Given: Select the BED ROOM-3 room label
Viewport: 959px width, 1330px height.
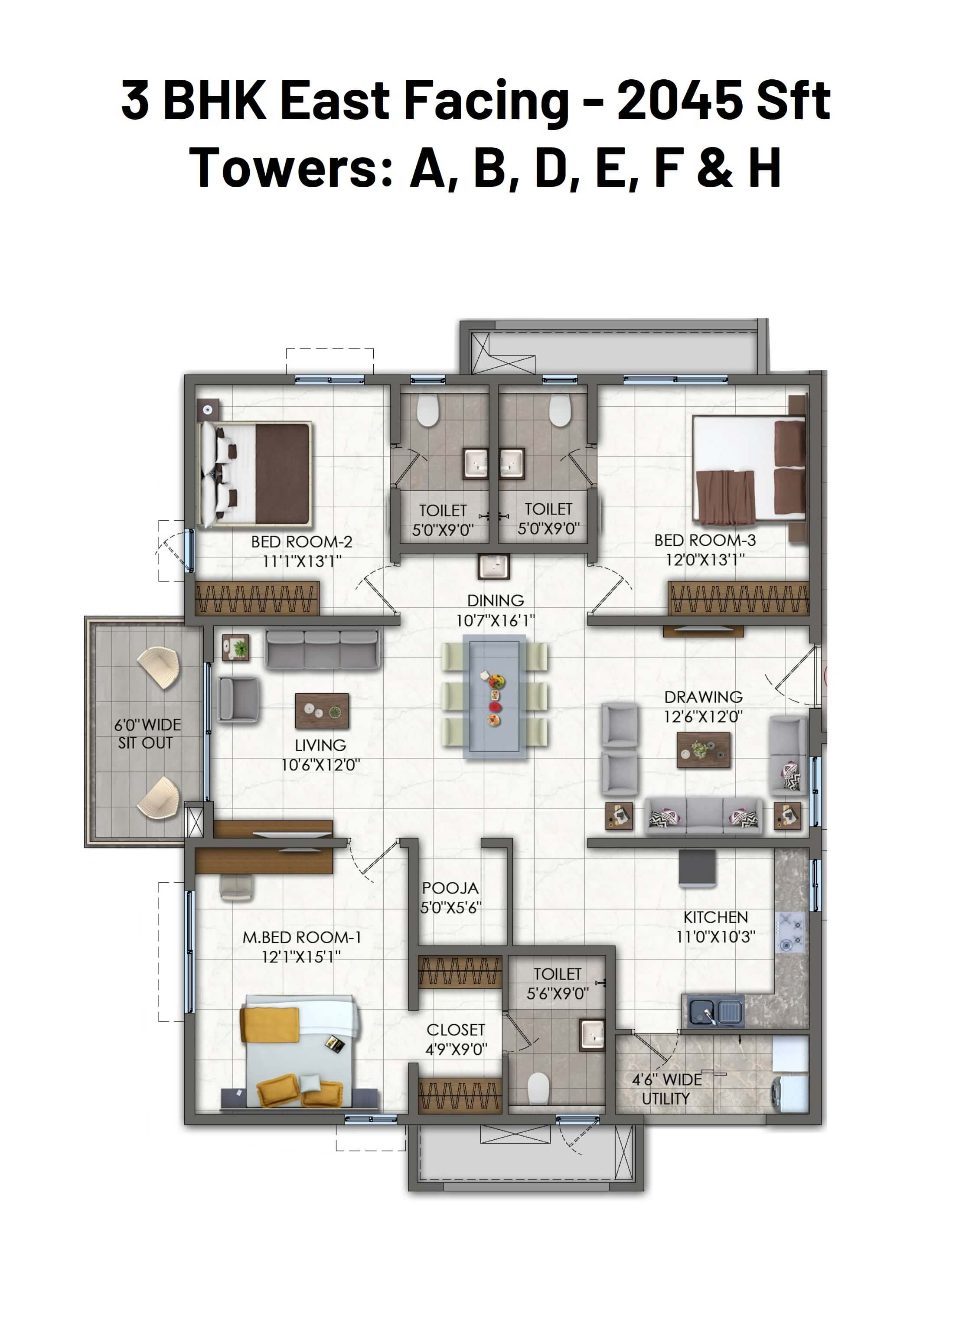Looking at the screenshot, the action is pos(705,540).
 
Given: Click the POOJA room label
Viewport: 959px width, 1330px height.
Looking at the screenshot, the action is pos(450,888).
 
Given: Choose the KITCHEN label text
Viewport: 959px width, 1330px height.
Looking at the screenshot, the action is pos(716,917).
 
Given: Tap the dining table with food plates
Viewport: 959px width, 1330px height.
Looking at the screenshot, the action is pos(494,696).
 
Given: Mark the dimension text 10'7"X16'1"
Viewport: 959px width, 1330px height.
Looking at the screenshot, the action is pos(496,620).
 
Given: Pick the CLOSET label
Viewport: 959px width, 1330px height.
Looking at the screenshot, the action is pos(456,1030).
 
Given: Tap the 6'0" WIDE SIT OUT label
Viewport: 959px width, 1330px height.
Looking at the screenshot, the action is pos(147,733).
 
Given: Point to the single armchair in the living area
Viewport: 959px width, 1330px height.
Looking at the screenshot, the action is pos(238,698).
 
